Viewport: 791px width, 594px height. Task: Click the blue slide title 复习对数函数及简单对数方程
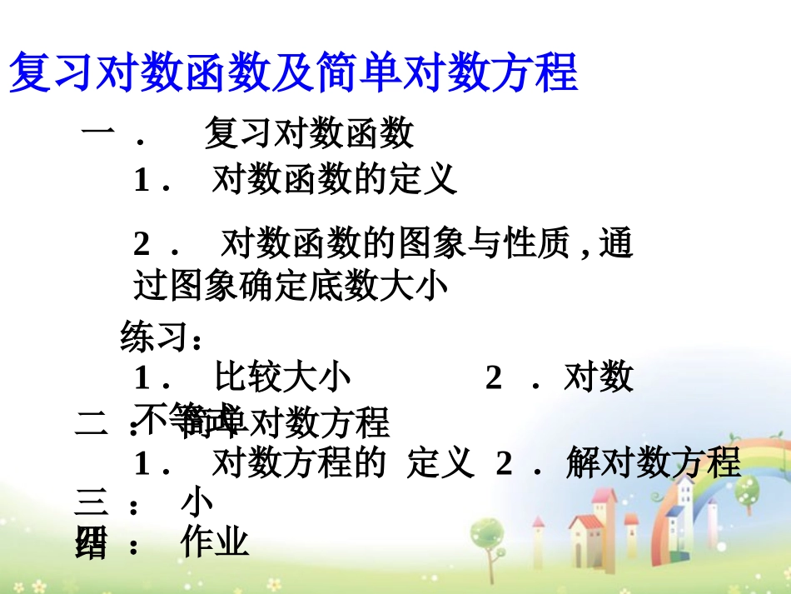(292, 72)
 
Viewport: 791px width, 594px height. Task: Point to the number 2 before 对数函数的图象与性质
(142, 244)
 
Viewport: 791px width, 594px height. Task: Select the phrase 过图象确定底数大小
(291, 287)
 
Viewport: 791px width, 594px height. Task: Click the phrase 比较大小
(282, 377)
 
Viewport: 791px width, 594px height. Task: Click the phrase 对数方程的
(299, 462)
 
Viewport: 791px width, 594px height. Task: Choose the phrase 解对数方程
(654, 462)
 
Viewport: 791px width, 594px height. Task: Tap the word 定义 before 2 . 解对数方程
(440, 462)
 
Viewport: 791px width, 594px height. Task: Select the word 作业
(215, 543)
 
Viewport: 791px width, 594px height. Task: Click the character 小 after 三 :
(197, 502)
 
